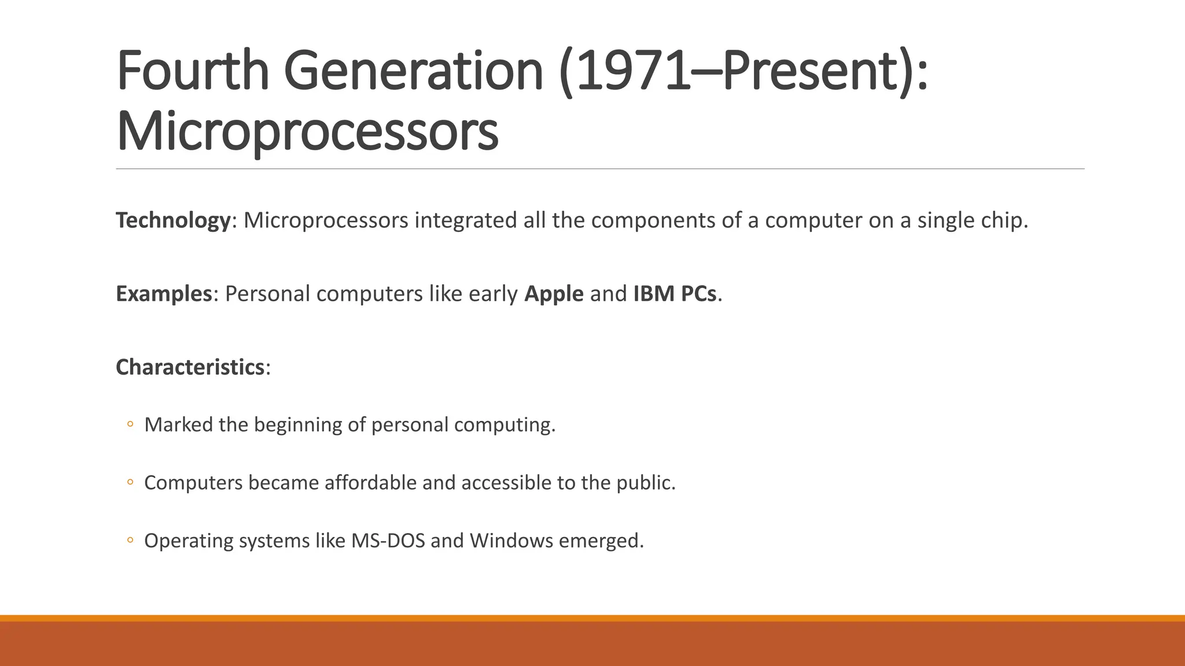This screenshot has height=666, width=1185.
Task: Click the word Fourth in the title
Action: (x=193, y=72)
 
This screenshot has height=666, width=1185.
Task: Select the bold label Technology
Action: (x=173, y=220)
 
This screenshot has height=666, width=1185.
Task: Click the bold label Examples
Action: (x=164, y=294)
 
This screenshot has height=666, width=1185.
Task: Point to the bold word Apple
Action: (x=554, y=294)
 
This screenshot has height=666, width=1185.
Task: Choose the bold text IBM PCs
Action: (x=675, y=294)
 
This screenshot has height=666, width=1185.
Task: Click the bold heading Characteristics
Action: (x=190, y=367)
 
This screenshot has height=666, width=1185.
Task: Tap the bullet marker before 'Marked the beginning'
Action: (x=130, y=424)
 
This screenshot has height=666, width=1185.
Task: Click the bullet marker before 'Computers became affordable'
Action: (x=130, y=482)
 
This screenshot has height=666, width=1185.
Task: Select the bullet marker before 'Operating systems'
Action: (x=130, y=541)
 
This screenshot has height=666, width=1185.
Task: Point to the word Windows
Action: (x=511, y=541)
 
